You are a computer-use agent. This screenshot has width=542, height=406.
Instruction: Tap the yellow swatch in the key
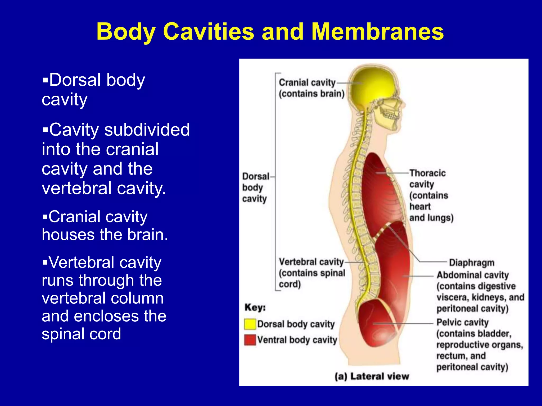click(250, 324)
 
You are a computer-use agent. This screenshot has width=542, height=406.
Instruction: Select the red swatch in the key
click(250, 340)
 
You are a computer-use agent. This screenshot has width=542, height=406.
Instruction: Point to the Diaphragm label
click(472, 263)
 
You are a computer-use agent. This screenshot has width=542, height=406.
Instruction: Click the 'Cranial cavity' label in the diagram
click(307, 83)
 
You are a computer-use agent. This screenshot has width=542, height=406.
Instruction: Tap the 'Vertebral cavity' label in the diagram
click(311, 262)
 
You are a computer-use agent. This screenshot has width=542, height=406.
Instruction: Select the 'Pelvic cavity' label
click(462, 322)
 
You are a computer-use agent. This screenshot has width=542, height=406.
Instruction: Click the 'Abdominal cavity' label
click(473, 275)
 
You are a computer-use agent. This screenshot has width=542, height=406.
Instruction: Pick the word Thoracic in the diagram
click(428, 173)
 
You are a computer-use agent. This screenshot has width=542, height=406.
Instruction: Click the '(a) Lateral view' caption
click(372, 376)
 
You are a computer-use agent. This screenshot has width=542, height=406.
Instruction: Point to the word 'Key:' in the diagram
click(255, 307)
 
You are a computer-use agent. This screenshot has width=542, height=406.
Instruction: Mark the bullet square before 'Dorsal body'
click(45, 80)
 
